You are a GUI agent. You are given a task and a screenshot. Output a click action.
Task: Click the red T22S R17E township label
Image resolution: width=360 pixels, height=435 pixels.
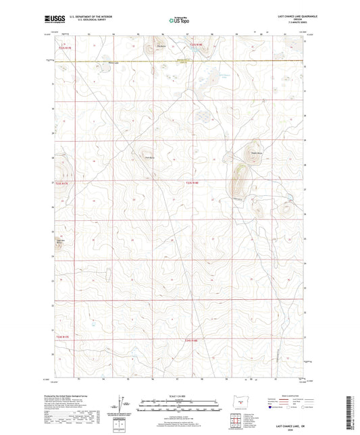pyautogui.click(x=63, y=47)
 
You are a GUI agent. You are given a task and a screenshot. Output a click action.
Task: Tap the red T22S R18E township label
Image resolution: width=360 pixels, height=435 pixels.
pyautogui.click(x=195, y=45)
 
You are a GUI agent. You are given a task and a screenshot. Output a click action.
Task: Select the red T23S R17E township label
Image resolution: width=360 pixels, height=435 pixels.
pyautogui.click(x=62, y=182)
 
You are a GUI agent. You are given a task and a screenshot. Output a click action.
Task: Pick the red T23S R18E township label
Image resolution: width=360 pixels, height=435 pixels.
pyautogui.click(x=193, y=182)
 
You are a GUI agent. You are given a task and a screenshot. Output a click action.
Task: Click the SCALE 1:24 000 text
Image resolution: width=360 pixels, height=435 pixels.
pyautogui.click(x=179, y=395)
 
